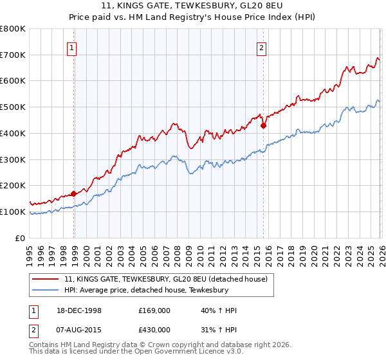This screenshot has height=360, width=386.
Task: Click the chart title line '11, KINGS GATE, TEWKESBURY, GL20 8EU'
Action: (193, 6)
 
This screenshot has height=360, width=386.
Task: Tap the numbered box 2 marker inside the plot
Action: (262, 47)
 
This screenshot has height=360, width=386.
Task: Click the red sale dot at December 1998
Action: (74, 193)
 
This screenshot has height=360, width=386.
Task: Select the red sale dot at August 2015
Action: (263, 125)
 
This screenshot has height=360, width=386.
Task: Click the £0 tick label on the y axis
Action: (19, 238)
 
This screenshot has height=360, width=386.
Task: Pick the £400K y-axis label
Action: (14, 133)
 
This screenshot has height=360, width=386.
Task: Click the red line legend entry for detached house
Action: (170, 279)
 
